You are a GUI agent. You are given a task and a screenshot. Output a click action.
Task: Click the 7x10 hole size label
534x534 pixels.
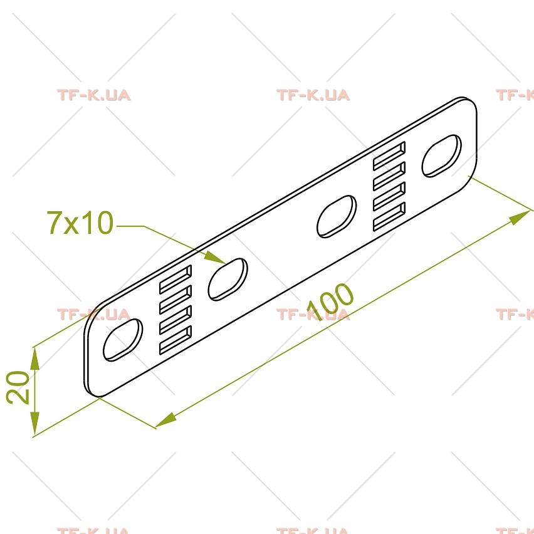pyautogui.click(x=80, y=223)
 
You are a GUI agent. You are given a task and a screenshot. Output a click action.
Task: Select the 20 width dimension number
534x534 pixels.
pyautogui.click(x=18, y=387)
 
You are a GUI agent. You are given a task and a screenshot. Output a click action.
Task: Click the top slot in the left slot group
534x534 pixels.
pyautogui.click(x=175, y=280)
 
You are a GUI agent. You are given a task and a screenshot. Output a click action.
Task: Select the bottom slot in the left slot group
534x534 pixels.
pyautogui.click(x=175, y=340)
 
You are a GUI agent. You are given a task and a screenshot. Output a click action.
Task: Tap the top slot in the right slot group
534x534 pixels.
pyautogui.click(x=389, y=155)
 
